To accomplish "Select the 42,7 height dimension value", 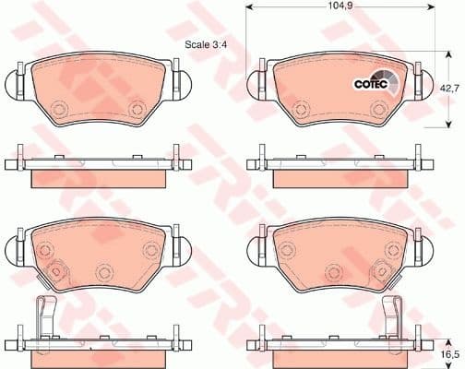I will pyautogui.click(x=448, y=88).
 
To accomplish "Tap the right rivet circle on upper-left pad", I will pyautogui.click(x=136, y=109).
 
